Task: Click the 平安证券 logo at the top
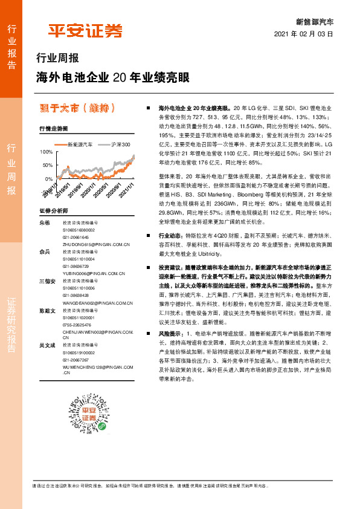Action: [85, 30]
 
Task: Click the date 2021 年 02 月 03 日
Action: [304, 34]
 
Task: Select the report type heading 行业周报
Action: [58, 59]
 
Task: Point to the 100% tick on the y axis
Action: [46, 152]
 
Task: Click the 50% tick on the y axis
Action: [47, 165]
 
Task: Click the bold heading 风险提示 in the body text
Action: [169, 334]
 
